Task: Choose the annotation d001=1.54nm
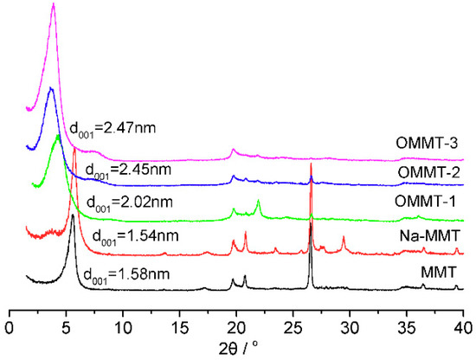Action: point(132,234)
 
